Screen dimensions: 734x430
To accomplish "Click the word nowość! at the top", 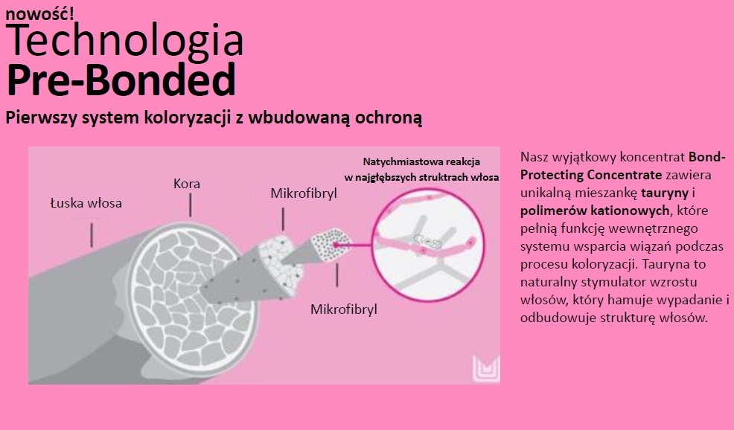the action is pos(39,13).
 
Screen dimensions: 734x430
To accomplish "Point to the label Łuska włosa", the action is pos(86,203).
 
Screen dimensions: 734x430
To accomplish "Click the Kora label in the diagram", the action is pos(187,184).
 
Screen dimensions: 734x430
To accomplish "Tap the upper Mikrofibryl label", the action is pos(304,193).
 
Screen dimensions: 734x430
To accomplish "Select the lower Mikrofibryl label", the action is pos(344,309).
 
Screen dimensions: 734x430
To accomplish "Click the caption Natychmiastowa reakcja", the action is pos(421,162).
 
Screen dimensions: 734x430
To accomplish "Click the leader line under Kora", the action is pos(190,205).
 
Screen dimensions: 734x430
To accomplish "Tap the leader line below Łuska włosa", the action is pos(92,235).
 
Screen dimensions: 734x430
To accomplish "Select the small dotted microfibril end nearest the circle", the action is pos(330,246).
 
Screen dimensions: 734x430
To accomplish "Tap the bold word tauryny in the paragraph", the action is pos(665,193).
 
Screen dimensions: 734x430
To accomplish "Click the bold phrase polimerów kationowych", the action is pos(595,211).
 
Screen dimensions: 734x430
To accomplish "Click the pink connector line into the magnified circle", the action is pos(354,245).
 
